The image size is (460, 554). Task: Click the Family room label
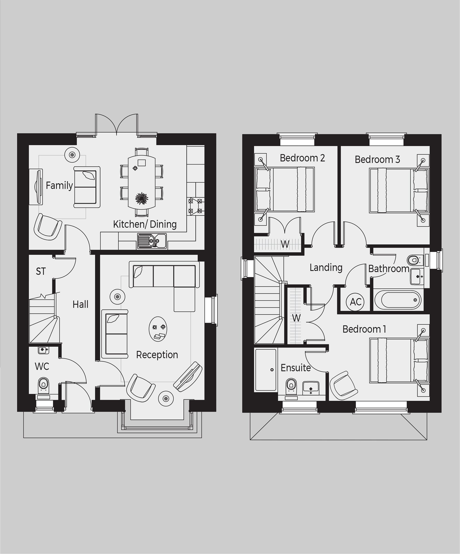[59, 185]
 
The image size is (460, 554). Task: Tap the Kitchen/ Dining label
[145, 224]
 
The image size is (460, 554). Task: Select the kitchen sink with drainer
[152, 241]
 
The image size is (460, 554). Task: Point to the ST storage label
[41, 271]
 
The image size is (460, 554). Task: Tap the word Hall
[80, 304]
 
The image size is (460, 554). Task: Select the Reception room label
[157, 355]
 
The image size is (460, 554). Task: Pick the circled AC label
[355, 302]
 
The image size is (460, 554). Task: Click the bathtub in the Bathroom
[398, 300]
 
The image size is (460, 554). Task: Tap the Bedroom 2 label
[302, 158]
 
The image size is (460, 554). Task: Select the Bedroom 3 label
[377, 159]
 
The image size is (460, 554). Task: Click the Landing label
[326, 268]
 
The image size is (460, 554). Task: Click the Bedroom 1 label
[364, 329]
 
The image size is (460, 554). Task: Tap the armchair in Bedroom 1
[343, 385]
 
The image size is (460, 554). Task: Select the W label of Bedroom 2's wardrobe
[285, 244]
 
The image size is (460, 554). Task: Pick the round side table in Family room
[72, 155]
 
